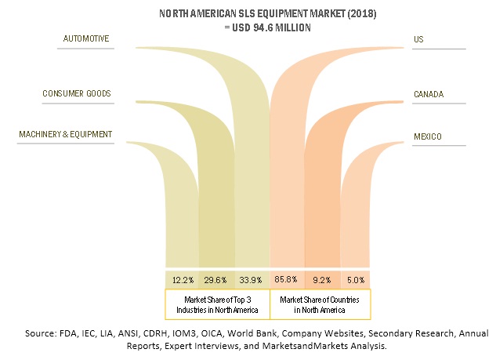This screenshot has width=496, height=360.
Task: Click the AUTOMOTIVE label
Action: [x=87, y=38]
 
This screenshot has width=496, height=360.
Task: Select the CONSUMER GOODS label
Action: [x=76, y=94]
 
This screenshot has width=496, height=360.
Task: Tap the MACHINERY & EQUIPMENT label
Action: [x=65, y=135]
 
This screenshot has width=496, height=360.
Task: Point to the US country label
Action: [x=419, y=38]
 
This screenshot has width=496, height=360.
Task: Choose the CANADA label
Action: [x=429, y=94]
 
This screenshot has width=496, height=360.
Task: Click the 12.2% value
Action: [x=182, y=279]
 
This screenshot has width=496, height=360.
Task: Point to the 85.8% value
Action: [x=287, y=279]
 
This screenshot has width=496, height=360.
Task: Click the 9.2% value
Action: [x=322, y=279]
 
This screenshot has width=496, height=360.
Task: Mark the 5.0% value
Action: [x=356, y=279]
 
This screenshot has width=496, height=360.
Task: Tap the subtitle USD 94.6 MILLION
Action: [x=248, y=27]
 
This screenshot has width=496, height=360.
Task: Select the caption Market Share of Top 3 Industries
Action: [x=216, y=304]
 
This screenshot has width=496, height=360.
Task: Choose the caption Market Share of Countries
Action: [x=320, y=304]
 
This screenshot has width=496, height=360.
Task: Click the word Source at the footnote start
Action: [x=44, y=333]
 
